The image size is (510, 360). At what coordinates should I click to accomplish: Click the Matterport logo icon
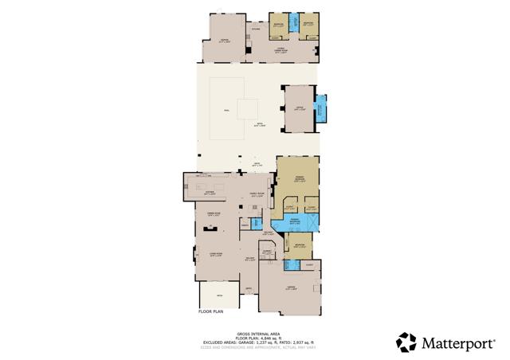[x=406, y=342]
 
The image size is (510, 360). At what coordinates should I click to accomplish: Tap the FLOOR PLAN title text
[x=213, y=311]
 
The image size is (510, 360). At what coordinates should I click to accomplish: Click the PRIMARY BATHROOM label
[x=294, y=220]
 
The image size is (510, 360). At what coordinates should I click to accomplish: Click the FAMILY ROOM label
[x=258, y=194]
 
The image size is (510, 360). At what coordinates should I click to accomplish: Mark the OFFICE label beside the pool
[x=299, y=108]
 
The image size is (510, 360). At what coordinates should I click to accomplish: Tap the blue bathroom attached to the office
[x=321, y=108]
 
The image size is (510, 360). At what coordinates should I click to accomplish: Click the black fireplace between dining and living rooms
[x=211, y=228]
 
